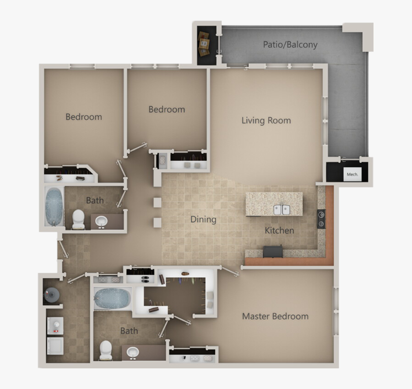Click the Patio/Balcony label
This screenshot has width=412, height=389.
click(x=290, y=44)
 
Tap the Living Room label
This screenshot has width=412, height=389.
click(x=266, y=121)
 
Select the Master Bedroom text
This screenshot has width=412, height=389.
click(x=275, y=316)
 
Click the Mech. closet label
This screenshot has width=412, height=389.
click(x=352, y=174)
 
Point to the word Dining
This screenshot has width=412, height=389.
click(x=203, y=219)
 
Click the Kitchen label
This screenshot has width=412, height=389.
click(x=279, y=230)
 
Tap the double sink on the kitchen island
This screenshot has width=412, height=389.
click(x=282, y=210)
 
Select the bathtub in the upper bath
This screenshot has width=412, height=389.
click(x=54, y=206)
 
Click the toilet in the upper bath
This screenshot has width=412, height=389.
click(x=78, y=219)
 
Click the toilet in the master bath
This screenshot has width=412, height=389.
click(x=106, y=350)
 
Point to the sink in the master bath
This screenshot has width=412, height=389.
click(x=133, y=352)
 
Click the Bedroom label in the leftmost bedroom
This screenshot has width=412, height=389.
click(x=84, y=117)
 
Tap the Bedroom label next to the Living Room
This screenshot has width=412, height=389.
click(x=167, y=110)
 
